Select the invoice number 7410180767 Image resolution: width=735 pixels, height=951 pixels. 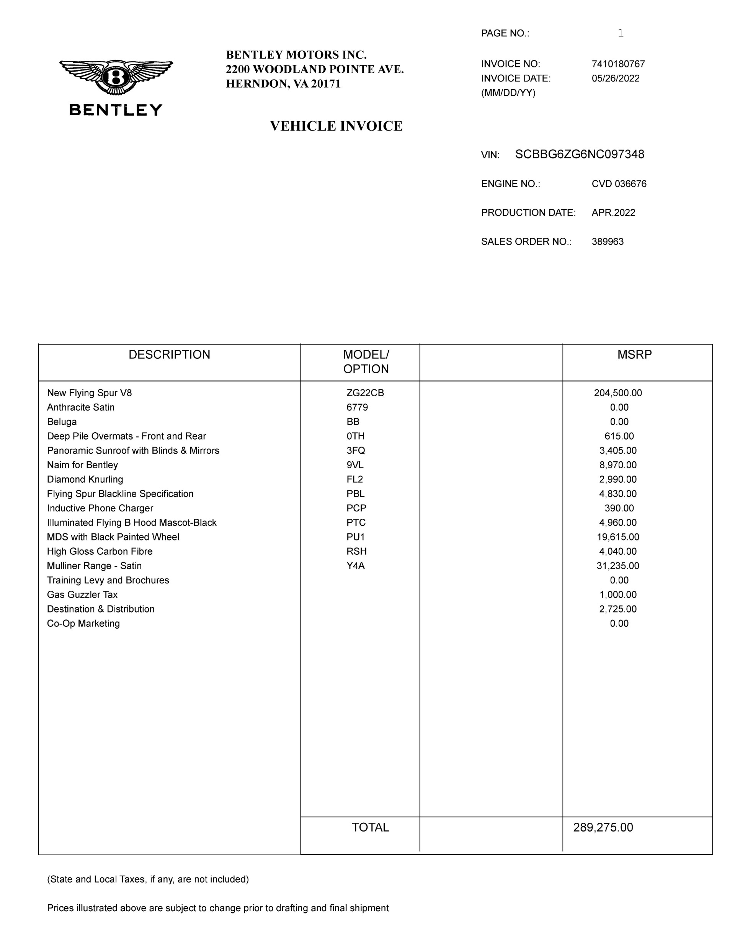618,64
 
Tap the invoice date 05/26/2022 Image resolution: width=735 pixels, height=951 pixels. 615,78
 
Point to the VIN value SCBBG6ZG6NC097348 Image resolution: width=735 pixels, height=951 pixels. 579,154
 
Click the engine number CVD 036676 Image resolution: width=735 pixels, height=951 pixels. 619,184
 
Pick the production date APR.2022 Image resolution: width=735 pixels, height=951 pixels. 613,212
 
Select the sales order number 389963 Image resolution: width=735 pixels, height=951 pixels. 608,242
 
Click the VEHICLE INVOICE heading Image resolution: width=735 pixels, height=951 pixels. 336,126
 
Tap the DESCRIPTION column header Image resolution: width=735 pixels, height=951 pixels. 169,355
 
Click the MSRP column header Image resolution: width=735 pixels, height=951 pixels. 634,355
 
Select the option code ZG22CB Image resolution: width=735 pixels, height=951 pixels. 365,393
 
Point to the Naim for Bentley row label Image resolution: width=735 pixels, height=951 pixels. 82,465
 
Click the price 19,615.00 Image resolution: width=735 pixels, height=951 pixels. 617,537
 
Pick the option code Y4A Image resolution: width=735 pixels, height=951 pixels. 355,565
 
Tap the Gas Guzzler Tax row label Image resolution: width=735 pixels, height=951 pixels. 82,594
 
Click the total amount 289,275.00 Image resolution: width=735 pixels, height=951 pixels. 603,827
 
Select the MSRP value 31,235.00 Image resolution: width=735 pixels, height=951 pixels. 617,565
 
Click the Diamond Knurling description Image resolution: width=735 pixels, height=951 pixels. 85,479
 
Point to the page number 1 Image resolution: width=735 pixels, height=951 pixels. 621,33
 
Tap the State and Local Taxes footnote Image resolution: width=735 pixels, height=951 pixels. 148,879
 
